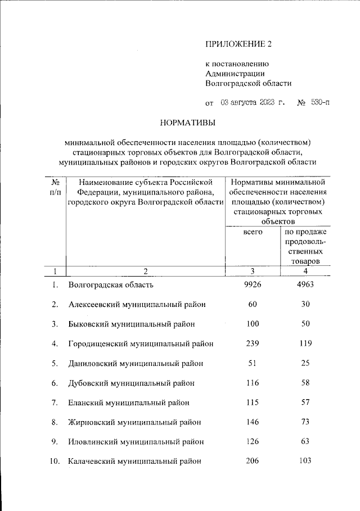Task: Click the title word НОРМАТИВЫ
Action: [x=188, y=122]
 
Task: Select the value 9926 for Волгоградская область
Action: [x=253, y=284]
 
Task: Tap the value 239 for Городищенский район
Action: [x=253, y=343]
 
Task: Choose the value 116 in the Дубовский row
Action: [x=253, y=383]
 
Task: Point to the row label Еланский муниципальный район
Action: [x=129, y=403]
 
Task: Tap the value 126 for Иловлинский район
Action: [x=253, y=442]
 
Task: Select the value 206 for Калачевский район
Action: [x=253, y=462]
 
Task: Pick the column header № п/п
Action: [x=56, y=187]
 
